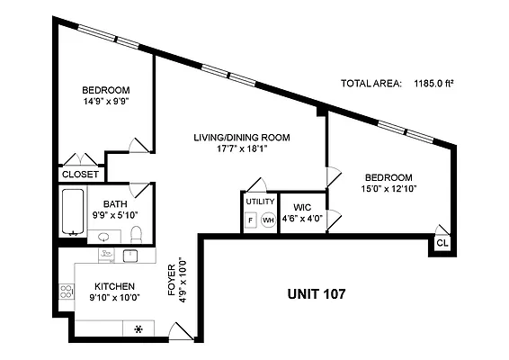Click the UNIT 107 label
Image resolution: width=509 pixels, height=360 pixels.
317,293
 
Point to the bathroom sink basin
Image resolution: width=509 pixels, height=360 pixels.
104,237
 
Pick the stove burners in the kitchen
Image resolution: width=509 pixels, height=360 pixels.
66,292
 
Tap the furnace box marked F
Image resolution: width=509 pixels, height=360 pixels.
251,220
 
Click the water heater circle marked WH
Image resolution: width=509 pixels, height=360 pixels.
268,220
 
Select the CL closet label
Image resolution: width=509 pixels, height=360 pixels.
442,243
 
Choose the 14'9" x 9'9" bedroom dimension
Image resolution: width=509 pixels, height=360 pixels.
105,103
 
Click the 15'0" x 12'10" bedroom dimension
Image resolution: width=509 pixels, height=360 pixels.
388,189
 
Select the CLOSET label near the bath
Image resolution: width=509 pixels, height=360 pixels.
80,174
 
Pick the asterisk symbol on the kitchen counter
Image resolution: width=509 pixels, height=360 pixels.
138,328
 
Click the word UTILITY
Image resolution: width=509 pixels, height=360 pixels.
260,202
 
